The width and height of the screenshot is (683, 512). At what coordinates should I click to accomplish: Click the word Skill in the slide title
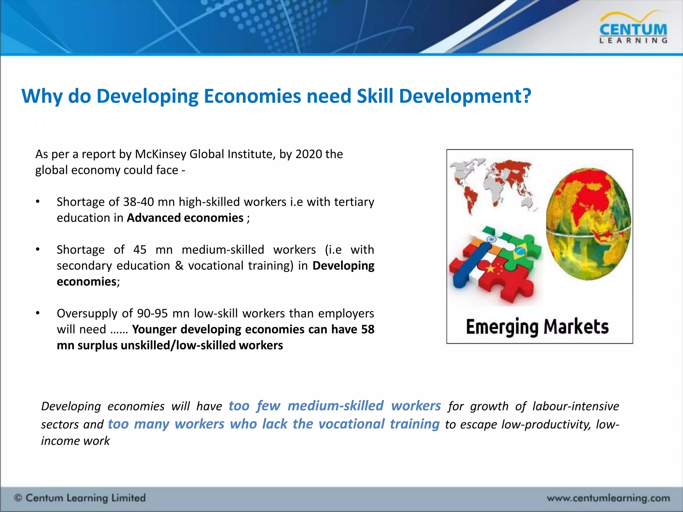tap(375, 96)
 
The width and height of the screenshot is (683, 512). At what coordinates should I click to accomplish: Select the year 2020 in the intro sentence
tap(309, 154)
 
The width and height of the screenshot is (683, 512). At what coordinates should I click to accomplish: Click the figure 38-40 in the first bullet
tap(138, 202)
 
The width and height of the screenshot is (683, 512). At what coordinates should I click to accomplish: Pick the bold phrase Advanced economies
tap(185, 218)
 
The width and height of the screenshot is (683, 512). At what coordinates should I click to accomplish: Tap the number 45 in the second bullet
tap(140, 250)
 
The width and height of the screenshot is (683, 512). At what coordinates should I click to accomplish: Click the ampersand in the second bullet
tap(179, 266)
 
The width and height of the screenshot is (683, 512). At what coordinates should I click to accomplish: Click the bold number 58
tap(368, 329)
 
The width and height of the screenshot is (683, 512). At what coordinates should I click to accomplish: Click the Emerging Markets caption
tap(537, 326)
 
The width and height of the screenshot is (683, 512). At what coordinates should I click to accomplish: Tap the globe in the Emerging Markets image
tap(588, 223)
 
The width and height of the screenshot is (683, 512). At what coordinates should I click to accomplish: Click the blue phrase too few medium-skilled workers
tap(334, 406)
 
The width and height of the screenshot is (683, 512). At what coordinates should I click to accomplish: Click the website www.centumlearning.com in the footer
tap(608, 498)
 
